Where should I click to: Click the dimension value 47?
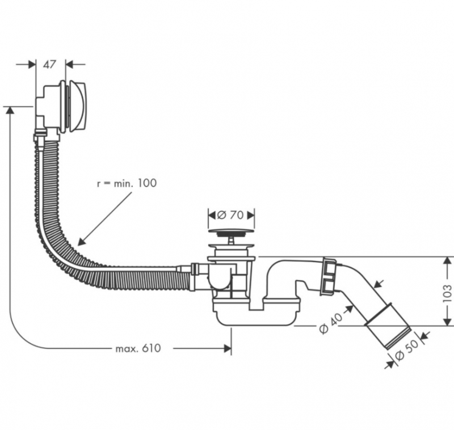[x=51, y=64]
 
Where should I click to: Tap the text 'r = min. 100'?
[x=127, y=183]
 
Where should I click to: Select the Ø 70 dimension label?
[x=230, y=216]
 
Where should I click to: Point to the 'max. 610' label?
[x=138, y=348]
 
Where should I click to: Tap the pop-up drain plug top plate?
[x=230, y=231]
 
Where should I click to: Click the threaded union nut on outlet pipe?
[x=330, y=276]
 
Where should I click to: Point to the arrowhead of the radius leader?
[x=80, y=243]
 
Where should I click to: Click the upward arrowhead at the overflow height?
[x=10, y=110]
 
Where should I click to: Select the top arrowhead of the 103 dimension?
[x=445, y=260]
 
